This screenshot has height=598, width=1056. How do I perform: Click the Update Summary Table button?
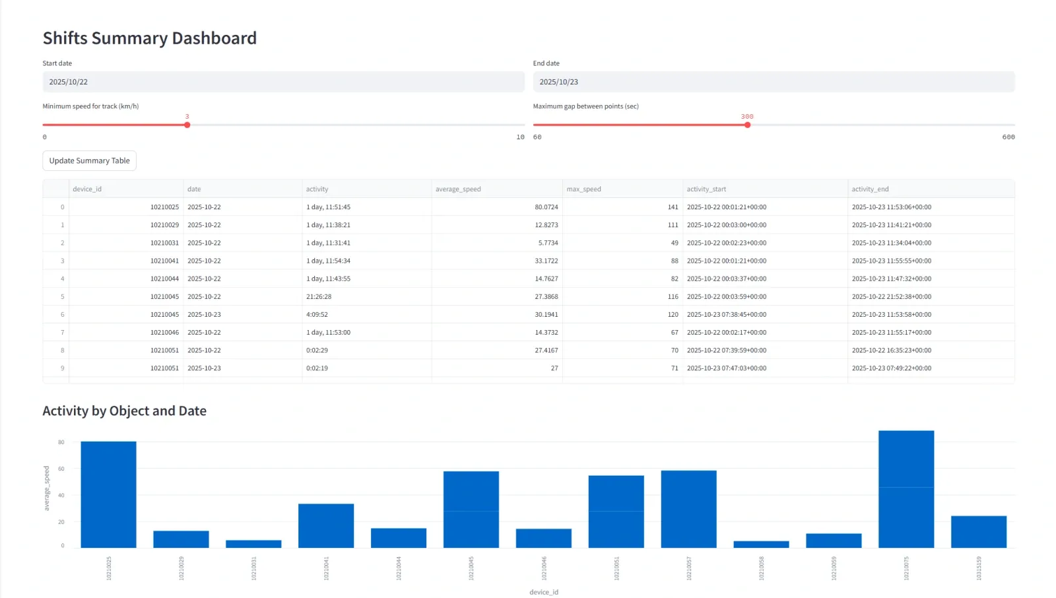(89, 160)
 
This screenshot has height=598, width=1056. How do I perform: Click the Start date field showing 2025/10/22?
(283, 82)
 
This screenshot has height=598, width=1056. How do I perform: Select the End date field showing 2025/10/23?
(773, 82)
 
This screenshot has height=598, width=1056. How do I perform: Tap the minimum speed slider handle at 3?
(187, 125)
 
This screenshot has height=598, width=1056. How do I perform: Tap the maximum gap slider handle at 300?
(747, 125)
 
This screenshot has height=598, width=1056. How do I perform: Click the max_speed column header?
(583, 189)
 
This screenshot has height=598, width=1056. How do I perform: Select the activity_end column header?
(870, 189)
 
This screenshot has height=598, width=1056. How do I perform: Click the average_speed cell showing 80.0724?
(546, 207)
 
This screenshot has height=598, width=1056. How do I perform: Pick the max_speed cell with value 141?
(673, 207)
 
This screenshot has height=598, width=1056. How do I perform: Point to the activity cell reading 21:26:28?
(319, 297)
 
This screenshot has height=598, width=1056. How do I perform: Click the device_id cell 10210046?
(164, 333)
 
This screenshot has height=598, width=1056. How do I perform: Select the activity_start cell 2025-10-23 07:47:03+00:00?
(726, 368)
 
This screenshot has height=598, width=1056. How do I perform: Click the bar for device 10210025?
(109, 495)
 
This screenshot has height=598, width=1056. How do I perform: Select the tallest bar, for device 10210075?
(906, 488)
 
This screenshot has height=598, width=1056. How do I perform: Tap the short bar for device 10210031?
(253, 544)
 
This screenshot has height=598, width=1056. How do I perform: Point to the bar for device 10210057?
(688, 509)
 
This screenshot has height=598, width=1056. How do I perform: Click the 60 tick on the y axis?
(61, 469)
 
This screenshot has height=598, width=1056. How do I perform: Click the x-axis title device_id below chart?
(543, 592)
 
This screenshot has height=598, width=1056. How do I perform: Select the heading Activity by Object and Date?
(125, 411)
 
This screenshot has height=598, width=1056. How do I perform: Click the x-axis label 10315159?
(979, 568)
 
